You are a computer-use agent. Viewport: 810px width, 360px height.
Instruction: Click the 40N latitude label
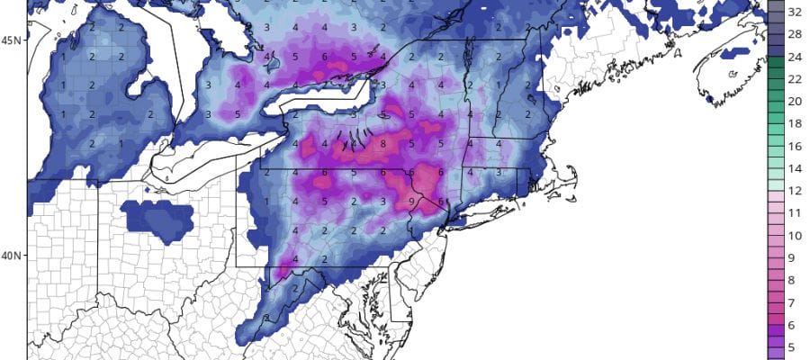pos(12,256)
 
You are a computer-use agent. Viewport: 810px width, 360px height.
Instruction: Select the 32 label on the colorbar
pos(796,13)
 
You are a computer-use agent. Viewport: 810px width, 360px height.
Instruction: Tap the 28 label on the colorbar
pos(796,35)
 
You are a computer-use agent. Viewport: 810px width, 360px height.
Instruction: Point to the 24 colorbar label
pos(796,58)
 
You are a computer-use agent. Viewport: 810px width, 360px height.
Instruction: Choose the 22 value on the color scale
pos(796,79)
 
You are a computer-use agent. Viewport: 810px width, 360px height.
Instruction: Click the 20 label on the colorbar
pos(796,101)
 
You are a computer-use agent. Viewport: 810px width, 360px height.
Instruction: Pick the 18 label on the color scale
pos(796,123)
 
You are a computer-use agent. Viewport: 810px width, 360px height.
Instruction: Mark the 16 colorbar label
pos(796,145)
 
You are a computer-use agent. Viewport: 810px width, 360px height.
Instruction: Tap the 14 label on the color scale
pos(796,167)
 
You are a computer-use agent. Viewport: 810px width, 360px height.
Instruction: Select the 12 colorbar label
pos(796,190)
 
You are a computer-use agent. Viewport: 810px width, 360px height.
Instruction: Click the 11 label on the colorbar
pos(796,212)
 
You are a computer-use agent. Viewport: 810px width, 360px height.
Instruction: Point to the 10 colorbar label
pos(796,235)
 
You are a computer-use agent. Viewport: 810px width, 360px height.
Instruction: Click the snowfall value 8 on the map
pos(382,143)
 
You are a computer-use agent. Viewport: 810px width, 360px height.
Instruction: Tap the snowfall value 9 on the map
pos(411,202)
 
